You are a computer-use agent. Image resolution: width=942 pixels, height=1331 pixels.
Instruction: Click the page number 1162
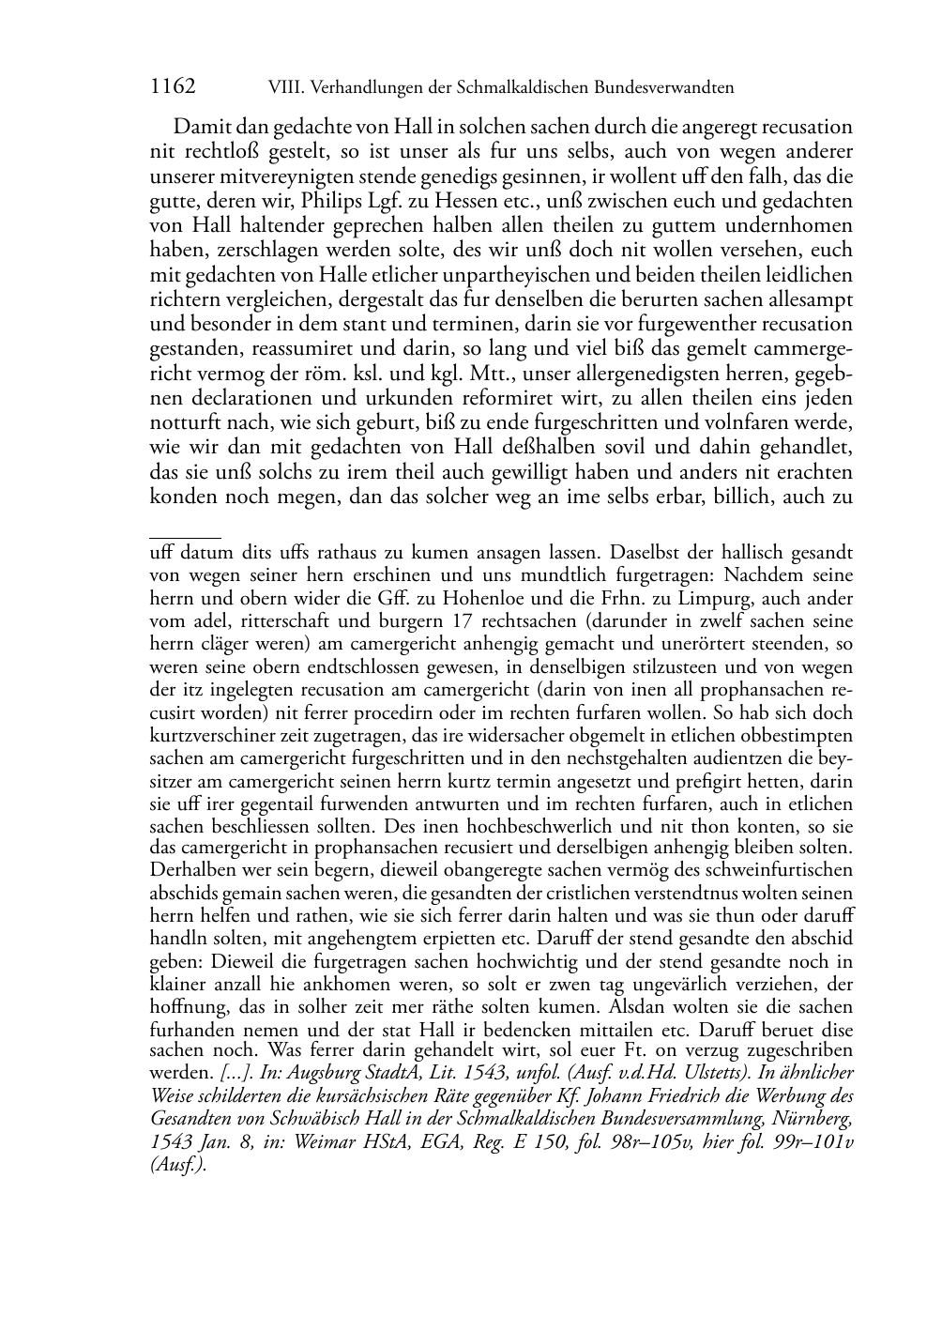tap(173, 87)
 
